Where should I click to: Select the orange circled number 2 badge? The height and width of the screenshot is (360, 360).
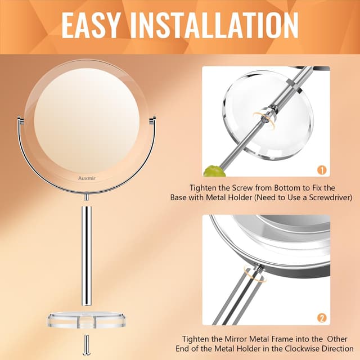click(x=322, y=318)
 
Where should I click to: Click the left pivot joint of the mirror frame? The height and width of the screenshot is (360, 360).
click(x=20, y=118)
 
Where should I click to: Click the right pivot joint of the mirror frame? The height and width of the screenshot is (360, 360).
click(x=153, y=118)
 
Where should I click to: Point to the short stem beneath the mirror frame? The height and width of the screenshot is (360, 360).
click(x=86, y=197)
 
